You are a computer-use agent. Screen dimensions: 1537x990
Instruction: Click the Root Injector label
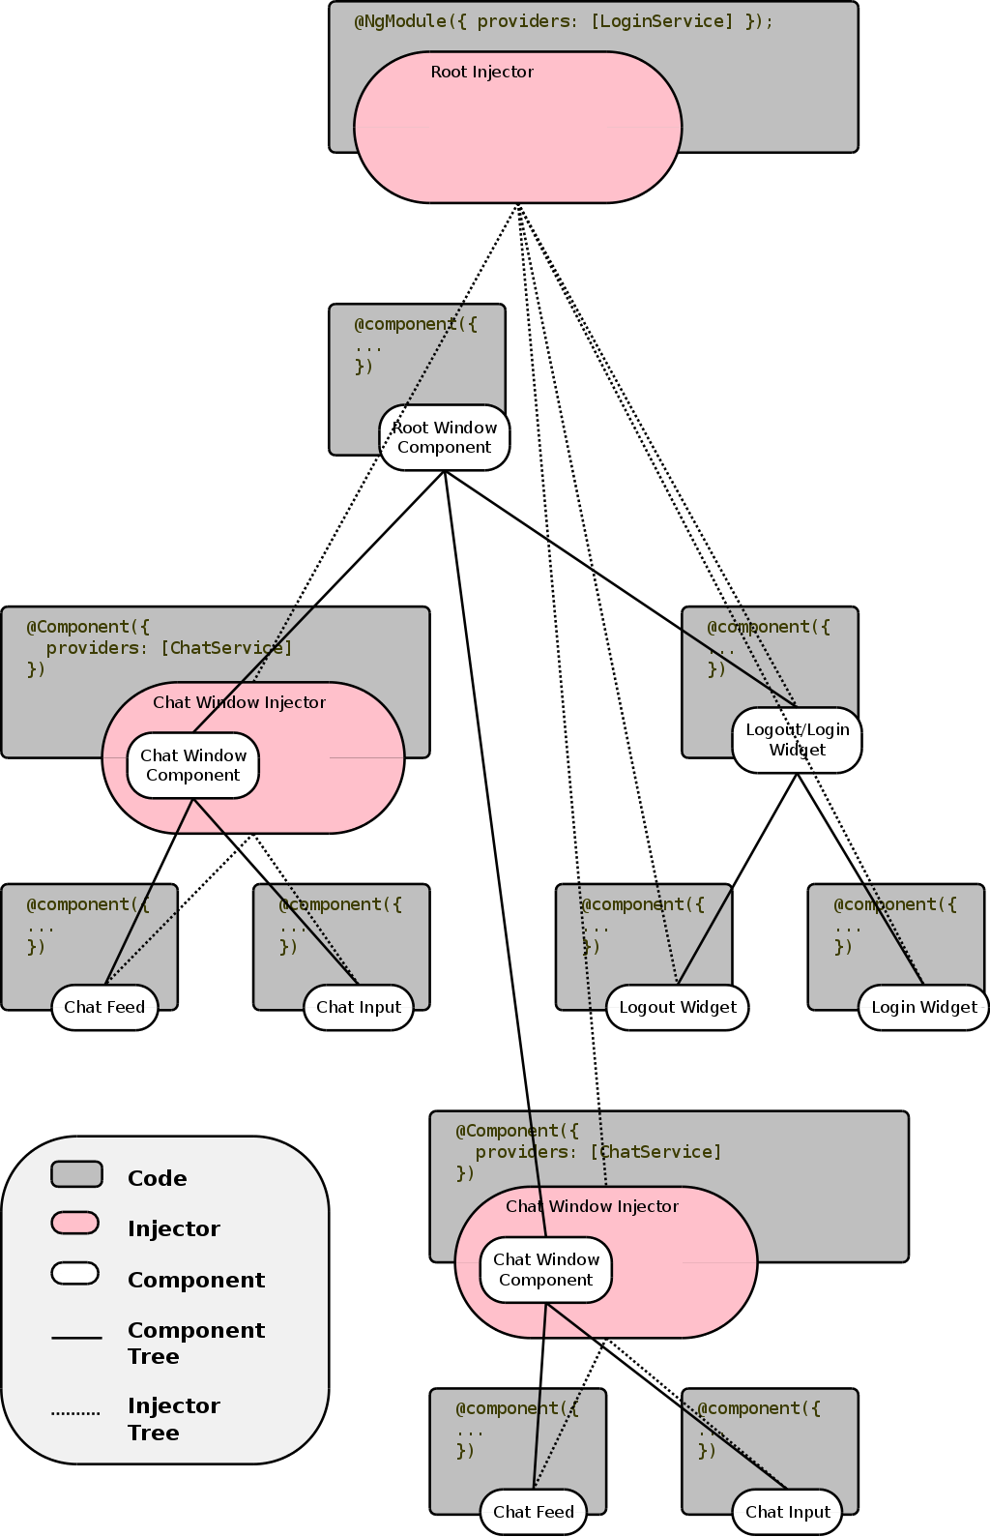(x=481, y=72)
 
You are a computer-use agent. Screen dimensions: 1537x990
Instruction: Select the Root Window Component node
(x=444, y=437)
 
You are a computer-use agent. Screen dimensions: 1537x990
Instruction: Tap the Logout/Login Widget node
(x=797, y=740)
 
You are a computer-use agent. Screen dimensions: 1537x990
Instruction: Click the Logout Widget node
(x=677, y=1007)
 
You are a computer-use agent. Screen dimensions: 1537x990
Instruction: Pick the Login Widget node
(x=923, y=1007)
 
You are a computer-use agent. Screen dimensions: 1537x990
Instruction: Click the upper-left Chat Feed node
(x=104, y=1007)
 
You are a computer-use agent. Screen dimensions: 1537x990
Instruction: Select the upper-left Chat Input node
(x=358, y=1007)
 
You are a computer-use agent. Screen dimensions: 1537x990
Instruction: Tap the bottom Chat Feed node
(x=533, y=1512)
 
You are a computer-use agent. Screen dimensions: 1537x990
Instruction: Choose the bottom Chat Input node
(x=787, y=1512)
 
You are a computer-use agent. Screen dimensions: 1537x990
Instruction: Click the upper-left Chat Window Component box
(x=193, y=765)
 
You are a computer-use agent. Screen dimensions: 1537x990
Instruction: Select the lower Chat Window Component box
(x=546, y=1270)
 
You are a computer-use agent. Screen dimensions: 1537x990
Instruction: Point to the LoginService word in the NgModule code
(x=661, y=21)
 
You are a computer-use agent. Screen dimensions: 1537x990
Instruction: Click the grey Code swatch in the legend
(x=76, y=1173)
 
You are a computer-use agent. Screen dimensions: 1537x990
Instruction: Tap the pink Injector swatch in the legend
(x=75, y=1224)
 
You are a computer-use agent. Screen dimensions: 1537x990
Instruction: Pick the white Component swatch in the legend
(x=75, y=1274)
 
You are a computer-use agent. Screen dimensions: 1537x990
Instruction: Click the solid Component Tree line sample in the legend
(x=76, y=1338)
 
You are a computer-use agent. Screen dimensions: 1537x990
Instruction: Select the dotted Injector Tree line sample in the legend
(x=75, y=1413)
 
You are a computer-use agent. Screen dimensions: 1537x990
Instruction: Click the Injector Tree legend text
(x=173, y=1419)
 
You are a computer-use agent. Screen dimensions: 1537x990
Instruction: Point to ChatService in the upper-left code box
(x=225, y=648)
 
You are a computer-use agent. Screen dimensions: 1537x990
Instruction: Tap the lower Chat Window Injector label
(x=592, y=1206)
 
